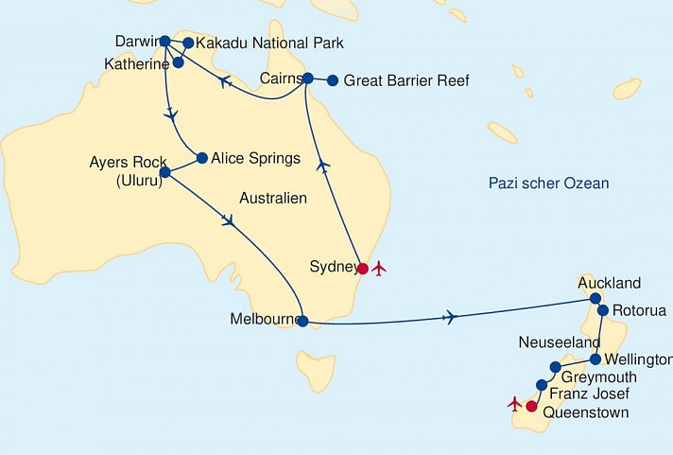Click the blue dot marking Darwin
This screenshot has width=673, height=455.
tap(165, 41)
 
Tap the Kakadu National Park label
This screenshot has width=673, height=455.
tap(269, 44)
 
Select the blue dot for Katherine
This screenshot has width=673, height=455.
tap(179, 62)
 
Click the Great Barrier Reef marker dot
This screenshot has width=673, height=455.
tap(332, 80)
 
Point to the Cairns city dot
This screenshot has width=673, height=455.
tap(308, 79)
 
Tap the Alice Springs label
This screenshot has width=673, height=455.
tap(255, 159)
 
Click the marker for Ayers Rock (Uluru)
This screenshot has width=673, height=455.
tap(165, 172)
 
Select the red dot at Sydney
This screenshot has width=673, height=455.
tap(363, 268)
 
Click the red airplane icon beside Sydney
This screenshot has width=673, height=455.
tap(380, 268)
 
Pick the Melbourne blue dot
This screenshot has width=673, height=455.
tap(302, 321)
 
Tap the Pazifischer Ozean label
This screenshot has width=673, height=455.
tap(548, 184)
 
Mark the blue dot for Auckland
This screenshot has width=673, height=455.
tap(596, 299)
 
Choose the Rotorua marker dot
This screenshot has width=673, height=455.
tap(603, 310)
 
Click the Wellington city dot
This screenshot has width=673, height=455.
tap(595, 359)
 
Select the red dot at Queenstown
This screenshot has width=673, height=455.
tap(531, 407)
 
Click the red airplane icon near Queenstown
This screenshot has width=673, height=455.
tap(514, 404)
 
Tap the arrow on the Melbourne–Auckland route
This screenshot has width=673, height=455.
tap(450, 317)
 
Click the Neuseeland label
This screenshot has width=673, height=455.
tap(559, 341)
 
